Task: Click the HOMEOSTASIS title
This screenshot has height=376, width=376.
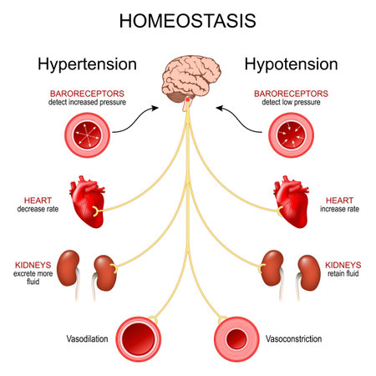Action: [188, 19]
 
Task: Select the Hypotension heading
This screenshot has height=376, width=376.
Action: [291, 64]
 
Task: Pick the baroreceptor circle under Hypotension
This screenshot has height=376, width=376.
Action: [291, 137]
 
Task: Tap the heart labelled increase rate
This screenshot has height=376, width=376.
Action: [291, 202]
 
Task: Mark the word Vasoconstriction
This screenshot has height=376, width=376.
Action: [292, 340]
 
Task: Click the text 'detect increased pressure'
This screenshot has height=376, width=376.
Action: [85, 101]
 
